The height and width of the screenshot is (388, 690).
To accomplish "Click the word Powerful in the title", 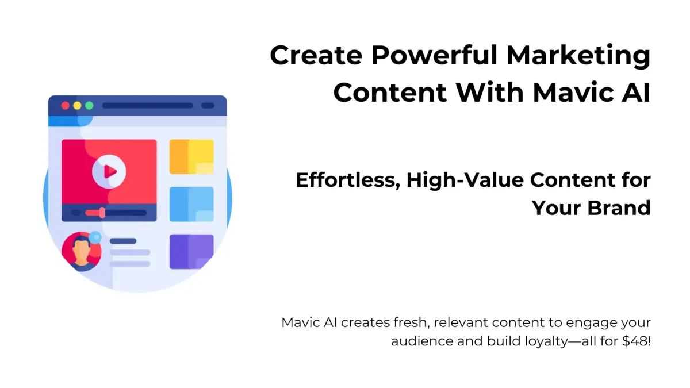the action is [x=434, y=55].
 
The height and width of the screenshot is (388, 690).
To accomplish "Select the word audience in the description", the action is [x=421, y=341].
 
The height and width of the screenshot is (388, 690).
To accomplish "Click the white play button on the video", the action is [x=109, y=172].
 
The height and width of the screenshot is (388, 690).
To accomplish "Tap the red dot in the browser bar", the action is [x=66, y=106].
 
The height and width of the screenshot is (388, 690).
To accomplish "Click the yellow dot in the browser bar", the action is [x=77, y=106].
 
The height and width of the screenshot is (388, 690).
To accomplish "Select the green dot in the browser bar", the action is [x=89, y=106].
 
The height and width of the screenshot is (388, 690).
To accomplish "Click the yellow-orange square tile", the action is [x=191, y=157].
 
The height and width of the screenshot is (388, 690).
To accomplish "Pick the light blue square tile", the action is [x=191, y=204].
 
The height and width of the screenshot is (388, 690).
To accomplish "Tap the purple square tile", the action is [x=191, y=252].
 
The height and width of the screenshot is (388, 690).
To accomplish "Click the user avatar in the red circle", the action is [x=81, y=252].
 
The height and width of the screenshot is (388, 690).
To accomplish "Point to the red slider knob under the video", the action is [x=102, y=213].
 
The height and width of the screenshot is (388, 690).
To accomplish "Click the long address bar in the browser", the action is [x=148, y=106].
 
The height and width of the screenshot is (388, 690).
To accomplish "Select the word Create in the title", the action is [x=316, y=55].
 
